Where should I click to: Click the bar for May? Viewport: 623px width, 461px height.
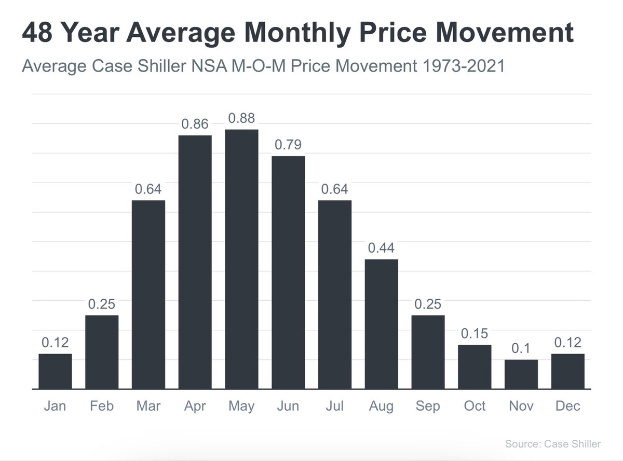(241, 259)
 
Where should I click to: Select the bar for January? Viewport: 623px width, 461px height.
(55, 371)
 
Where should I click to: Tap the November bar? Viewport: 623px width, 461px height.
(521, 374)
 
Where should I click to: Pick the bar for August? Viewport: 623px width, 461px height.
(381, 324)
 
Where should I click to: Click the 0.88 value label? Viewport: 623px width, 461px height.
(241, 119)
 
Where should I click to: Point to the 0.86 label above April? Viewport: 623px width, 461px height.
(195, 124)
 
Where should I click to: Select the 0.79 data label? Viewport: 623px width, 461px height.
(288, 145)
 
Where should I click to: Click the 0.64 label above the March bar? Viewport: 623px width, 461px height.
(148, 189)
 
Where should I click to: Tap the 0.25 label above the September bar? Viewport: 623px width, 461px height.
(428, 304)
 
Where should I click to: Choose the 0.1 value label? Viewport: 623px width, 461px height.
(521, 348)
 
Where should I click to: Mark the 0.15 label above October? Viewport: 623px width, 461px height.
(474, 334)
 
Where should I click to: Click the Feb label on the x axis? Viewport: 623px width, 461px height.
(102, 406)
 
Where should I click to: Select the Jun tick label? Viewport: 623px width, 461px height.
(288, 406)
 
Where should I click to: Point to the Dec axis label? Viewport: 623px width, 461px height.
(567, 406)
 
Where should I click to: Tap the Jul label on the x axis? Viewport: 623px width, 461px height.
(334, 406)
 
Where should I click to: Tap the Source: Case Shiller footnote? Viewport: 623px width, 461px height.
(552, 444)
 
